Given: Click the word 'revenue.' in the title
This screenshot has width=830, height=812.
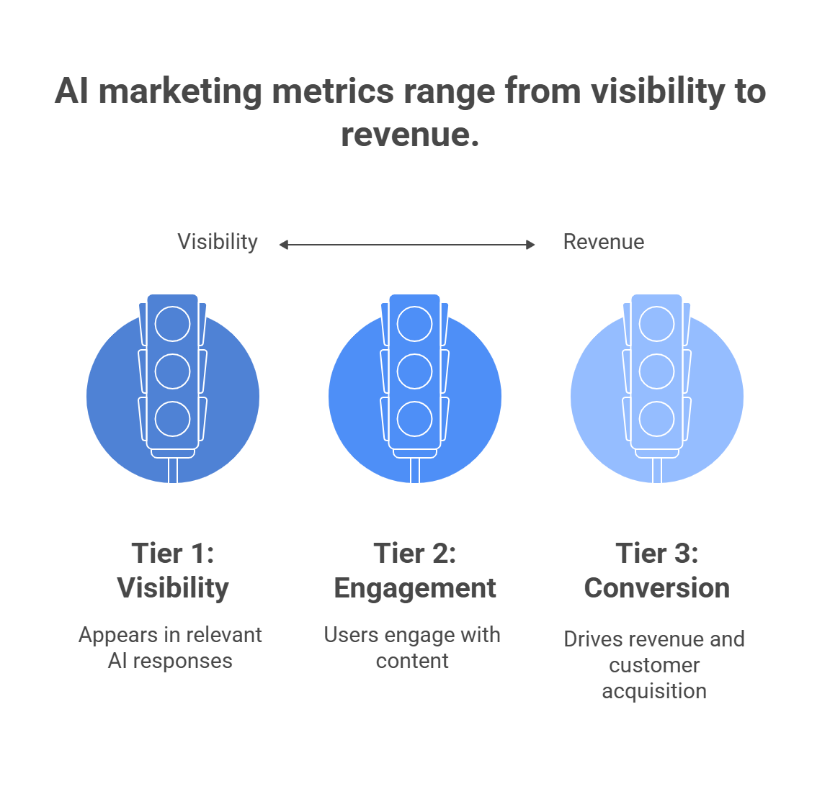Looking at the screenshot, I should click(x=410, y=135).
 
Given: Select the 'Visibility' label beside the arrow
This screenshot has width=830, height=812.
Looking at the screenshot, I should click(x=218, y=242).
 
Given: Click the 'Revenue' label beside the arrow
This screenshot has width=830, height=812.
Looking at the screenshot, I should click(x=603, y=242).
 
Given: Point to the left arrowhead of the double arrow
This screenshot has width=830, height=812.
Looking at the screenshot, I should click(x=283, y=245).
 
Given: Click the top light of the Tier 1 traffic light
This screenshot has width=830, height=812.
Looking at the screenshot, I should click(x=173, y=324).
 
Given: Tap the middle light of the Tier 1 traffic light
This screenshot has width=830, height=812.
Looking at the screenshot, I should click(x=173, y=371).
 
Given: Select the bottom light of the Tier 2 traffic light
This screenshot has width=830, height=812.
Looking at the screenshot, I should click(x=415, y=419).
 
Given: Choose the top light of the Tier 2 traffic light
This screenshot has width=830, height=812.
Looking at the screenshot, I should click(x=415, y=324).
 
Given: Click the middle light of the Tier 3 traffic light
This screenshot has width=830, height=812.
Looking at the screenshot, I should click(x=657, y=371).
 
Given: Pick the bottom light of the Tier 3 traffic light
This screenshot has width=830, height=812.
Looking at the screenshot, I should click(x=657, y=419).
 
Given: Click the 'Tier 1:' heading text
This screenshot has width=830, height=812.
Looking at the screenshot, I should click(x=173, y=554).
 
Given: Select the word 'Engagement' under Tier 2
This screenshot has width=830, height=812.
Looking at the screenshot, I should click(x=415, y=588).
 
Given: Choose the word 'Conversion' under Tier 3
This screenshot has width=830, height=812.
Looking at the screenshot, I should click(x=656, y=588).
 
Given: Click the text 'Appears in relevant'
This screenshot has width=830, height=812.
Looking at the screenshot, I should click(x=170, y=635).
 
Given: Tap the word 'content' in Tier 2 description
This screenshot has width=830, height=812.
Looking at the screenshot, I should click(x=412, y=661).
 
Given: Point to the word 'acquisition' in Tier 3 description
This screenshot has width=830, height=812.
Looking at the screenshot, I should click(x=654, y=691).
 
